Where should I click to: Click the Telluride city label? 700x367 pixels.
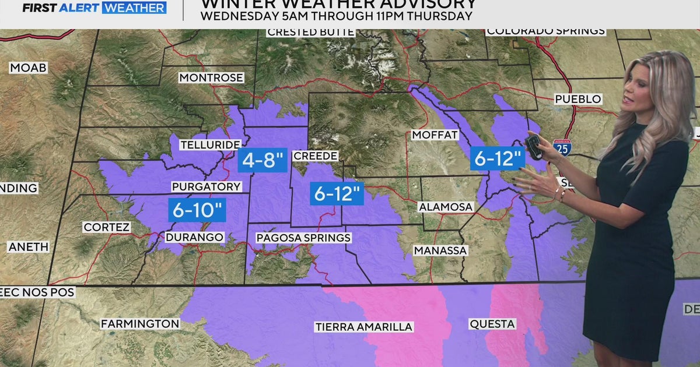point(211,144)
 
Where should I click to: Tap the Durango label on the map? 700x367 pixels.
point(194,237)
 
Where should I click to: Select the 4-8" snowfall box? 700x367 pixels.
point(262,160)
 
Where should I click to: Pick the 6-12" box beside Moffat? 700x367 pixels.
point(496,158)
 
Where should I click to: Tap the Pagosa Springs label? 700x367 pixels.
point(303,238)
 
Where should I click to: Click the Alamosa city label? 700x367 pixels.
point(445,207)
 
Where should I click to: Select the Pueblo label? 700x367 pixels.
point(577,99)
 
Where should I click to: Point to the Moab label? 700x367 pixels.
point(28,68)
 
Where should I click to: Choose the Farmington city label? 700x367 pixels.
point(140,323)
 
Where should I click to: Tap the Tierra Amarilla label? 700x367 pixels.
point(363,327)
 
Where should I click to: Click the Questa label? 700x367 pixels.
point(492,323)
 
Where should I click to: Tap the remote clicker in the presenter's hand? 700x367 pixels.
point(534,147)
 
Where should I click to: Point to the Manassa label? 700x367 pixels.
point(440,250)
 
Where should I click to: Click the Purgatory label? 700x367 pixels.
point(206,187)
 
